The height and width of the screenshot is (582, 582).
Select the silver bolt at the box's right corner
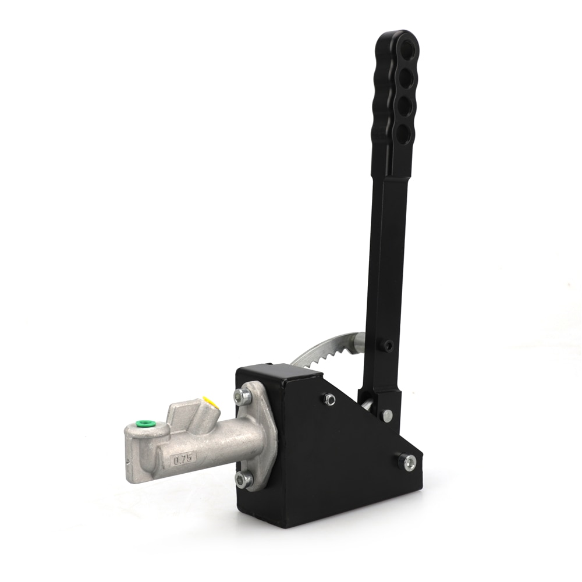(x=409, y=462)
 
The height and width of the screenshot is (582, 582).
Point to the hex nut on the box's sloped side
(x=329, y=399)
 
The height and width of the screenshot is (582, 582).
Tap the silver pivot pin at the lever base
(x=386, y=415)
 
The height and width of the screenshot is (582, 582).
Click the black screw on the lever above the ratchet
(x=388, y=345)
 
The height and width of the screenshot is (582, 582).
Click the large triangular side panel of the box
(x=343, y=460)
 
